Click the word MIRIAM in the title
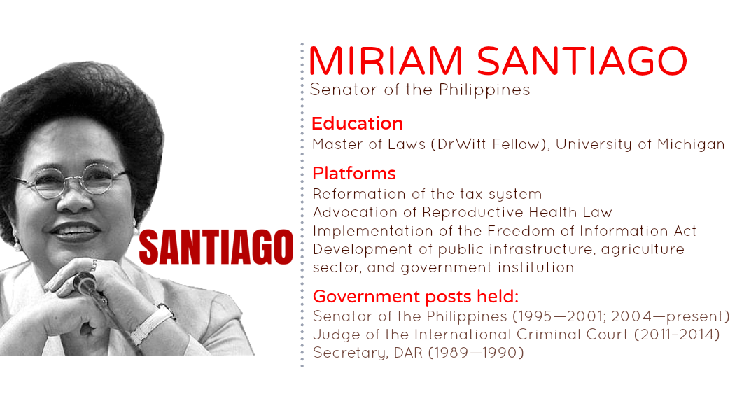386,61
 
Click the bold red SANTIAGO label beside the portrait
216,247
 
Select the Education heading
357,123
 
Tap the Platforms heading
354,174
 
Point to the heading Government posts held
415,296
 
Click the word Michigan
691,144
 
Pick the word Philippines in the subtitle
484,90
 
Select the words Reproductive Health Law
517,212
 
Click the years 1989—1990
476,353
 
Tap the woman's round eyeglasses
70,181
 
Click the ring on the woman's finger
94,265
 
